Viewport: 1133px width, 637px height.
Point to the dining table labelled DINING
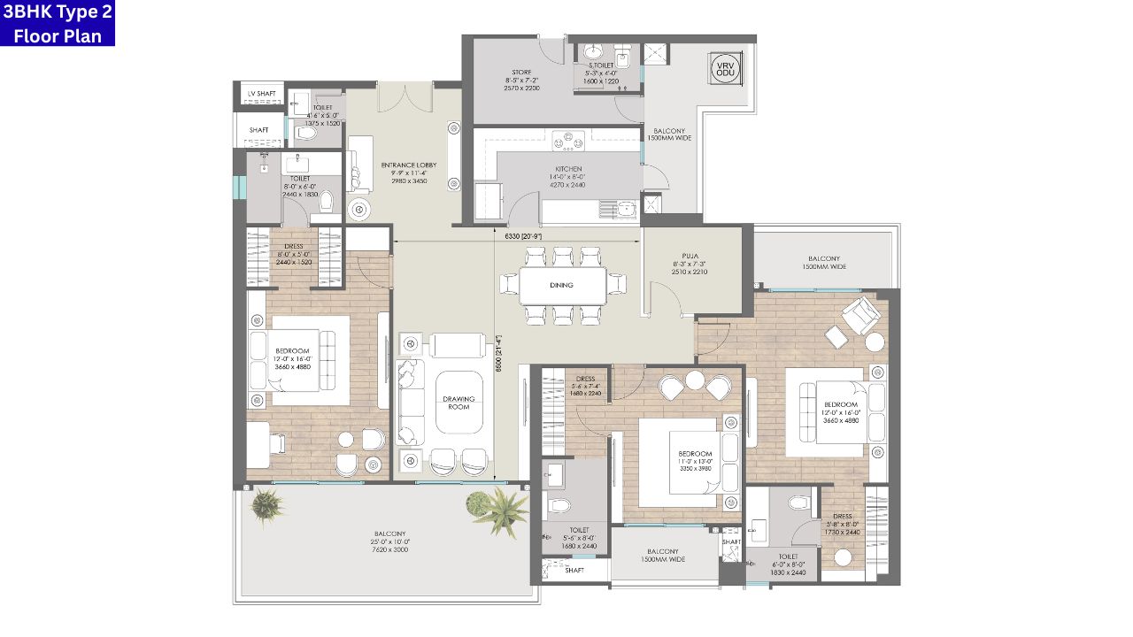pyautogui.click(x=562, y=285)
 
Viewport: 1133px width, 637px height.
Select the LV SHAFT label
pyautogui.click(x=262, y=94)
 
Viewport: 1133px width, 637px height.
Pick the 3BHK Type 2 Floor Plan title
pyautogui.click(x=58, y=24)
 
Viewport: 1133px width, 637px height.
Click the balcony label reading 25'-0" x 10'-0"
pyautogui.click(x=389, y=541)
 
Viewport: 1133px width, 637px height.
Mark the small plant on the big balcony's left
pyautogui.click(x=266, y=505)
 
